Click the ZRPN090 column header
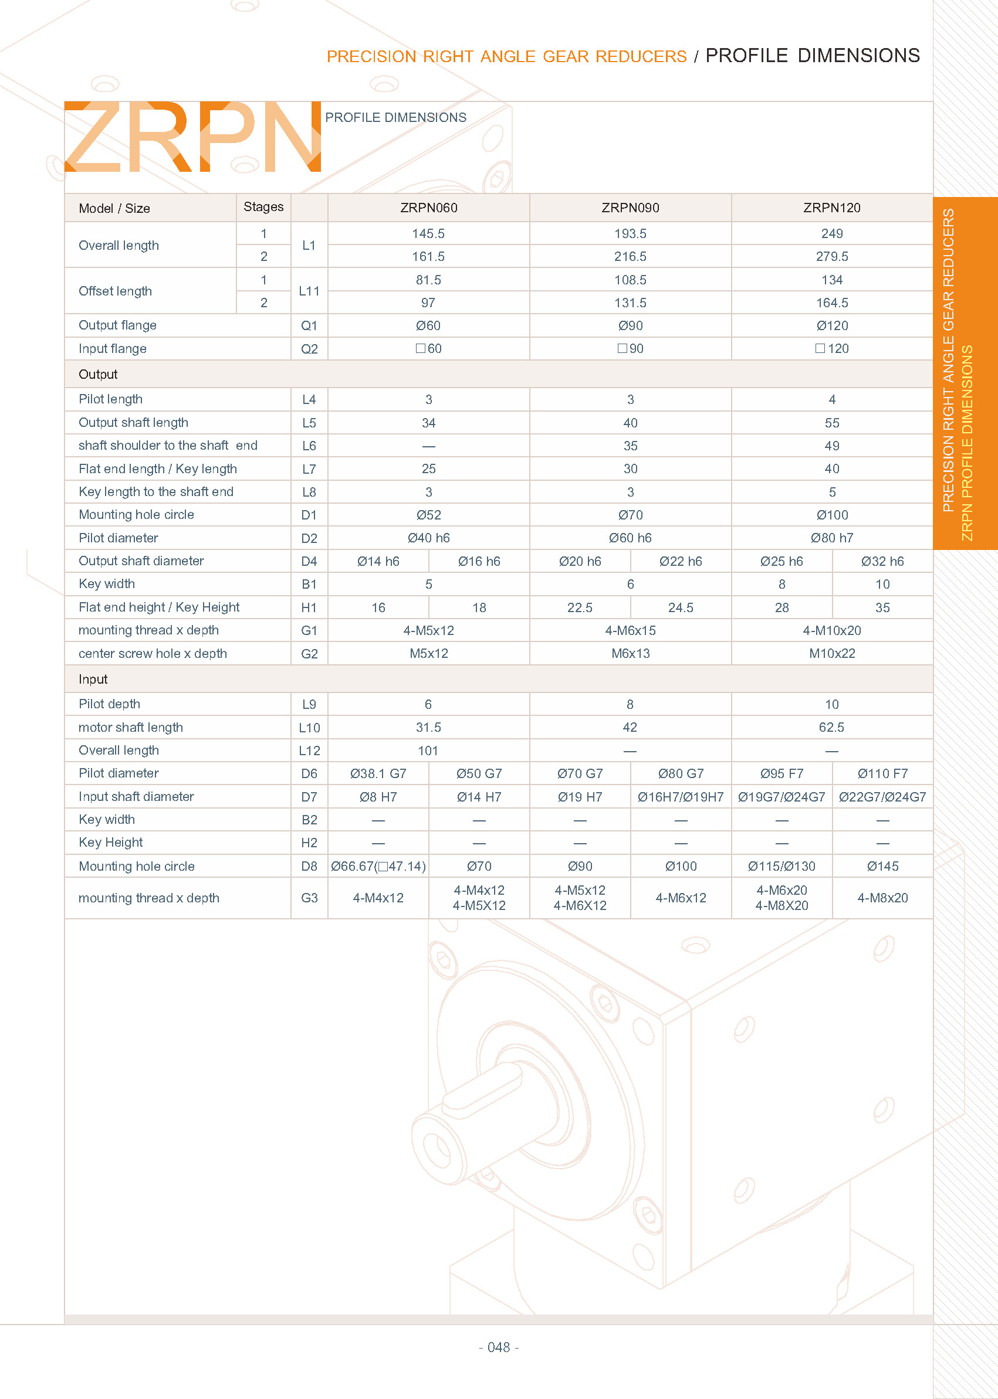click(x=630, y=208)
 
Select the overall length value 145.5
click(x=428, y=233)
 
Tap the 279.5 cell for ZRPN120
click(x=831, y=256)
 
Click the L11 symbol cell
click(x=309, y=291)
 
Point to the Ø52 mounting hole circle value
click(x=428, y=515)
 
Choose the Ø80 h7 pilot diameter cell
click(x=831, y=538)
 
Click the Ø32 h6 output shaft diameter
click(x=882, y=561)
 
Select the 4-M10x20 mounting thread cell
click(x=831, y=630)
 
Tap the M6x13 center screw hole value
click(x=630, y=653)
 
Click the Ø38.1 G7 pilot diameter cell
click(x=378, y=773)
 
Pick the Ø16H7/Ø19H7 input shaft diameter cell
click(x=680, y=796)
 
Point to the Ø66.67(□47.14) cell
click(x=378, y=866)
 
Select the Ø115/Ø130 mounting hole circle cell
click(x=781, y=866)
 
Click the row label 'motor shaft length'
click(x=130, y=727)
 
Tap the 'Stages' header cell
click(x=263, y=207)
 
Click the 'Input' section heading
click(x=93, y=679)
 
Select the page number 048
click(x=498, y=1347)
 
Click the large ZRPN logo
click(x=192, y=137)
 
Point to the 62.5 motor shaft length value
click(x=831, y=727)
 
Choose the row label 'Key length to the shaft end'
click(x=155, y=491)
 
